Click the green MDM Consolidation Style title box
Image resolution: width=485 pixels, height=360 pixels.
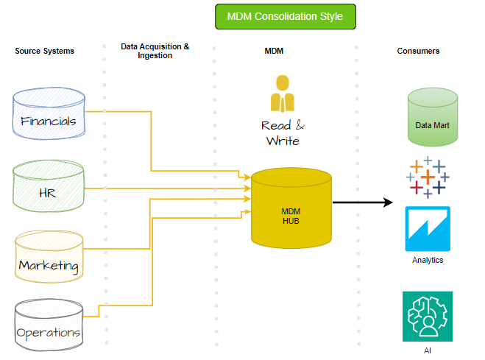point(284,16)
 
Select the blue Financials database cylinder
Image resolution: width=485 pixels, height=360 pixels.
point(49,115)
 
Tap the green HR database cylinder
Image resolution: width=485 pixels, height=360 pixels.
point(49,187)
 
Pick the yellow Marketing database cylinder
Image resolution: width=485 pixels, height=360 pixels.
point(49,258)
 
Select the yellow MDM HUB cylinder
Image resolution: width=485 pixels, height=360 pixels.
point(291,209)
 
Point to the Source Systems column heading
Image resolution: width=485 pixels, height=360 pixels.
point(44,51)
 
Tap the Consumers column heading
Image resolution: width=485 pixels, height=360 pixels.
point(418,51)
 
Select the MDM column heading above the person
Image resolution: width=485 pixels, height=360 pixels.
point(274,51)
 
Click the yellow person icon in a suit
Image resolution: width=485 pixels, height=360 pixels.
point(281,93)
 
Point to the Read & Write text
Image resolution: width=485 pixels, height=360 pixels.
point(282,133)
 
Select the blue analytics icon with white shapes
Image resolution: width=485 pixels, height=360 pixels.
point(428,229)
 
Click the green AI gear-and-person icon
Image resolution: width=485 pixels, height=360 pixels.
point(428,317)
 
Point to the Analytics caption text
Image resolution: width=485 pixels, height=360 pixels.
point(428,260)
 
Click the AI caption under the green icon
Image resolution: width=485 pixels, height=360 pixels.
point(428,350)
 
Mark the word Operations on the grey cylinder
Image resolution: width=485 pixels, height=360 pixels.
point(49,332)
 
